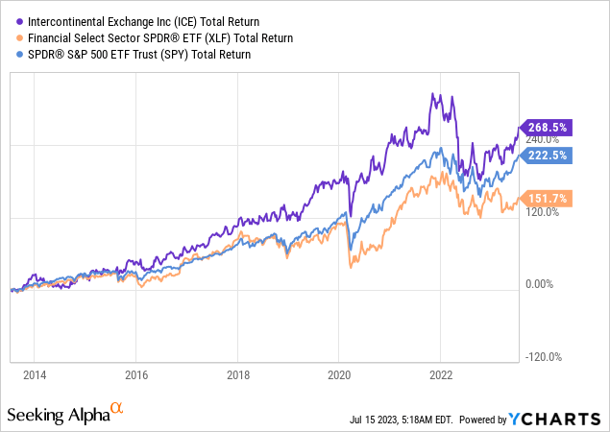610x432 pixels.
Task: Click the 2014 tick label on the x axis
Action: pyautogui.click(x=34, y=374)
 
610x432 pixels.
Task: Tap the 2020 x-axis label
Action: pyautogui.click(x=339, y=374)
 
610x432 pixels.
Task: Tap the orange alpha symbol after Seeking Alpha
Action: pyautogui.click(x=117, y=410)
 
